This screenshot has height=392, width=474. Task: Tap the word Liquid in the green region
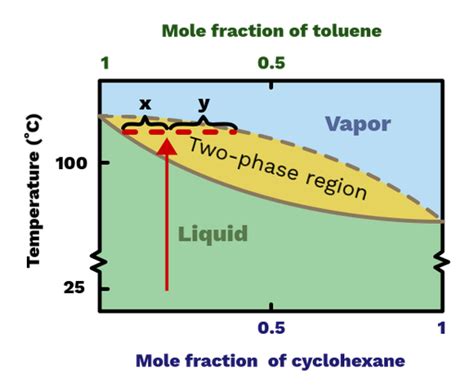[x=212, y=234]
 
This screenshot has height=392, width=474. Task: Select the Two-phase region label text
[x=264, y=169]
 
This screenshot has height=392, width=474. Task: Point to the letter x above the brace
[x=145, y=103]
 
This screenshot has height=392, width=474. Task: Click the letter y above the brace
[x=203, y=103]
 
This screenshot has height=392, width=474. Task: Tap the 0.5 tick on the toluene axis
[x=271, y=63]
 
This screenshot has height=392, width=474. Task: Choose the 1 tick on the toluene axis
[x=103, y=63]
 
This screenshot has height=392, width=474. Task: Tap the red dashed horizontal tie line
[x=179, y=131]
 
